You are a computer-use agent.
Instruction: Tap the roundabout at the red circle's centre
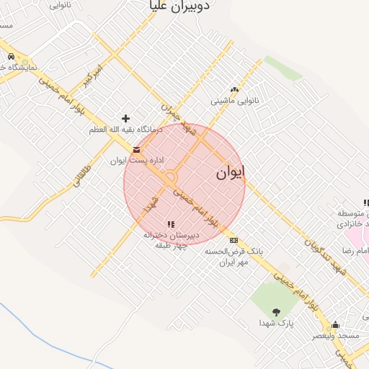[170, 178]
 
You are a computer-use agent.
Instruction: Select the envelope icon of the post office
[136, 150]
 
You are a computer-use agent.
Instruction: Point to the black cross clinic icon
[126, 118]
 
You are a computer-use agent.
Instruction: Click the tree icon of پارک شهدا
[276, 311]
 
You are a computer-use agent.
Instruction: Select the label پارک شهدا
[276, 324]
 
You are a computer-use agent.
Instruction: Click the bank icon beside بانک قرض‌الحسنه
[233, 240]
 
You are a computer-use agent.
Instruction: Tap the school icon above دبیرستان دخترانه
[171, 224]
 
